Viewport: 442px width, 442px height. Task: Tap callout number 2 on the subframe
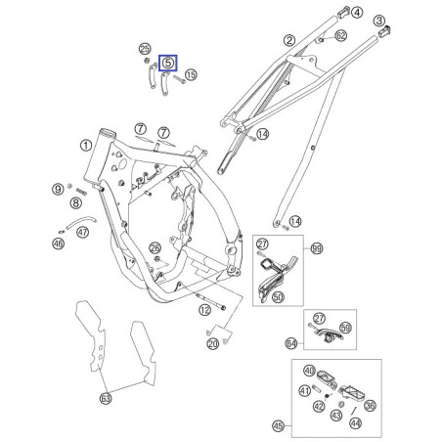tap(288, 40)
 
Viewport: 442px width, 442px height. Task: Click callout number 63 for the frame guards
tap(105, 398)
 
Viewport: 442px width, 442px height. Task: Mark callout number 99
tap(315, 250)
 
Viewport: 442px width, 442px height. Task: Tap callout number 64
tap(290, 342)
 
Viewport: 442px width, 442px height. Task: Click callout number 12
tap(204, 309)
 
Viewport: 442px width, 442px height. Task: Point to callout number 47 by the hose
tap(83, 232)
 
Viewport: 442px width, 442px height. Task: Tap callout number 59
tap(344, 329)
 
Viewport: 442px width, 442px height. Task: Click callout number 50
tap(278, 295)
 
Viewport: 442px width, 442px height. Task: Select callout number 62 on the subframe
tap(340, 35)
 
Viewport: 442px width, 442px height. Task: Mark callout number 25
tap(145, 49)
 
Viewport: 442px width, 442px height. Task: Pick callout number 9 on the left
tap(59, 188)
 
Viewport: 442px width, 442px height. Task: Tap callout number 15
tap(191, 74)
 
